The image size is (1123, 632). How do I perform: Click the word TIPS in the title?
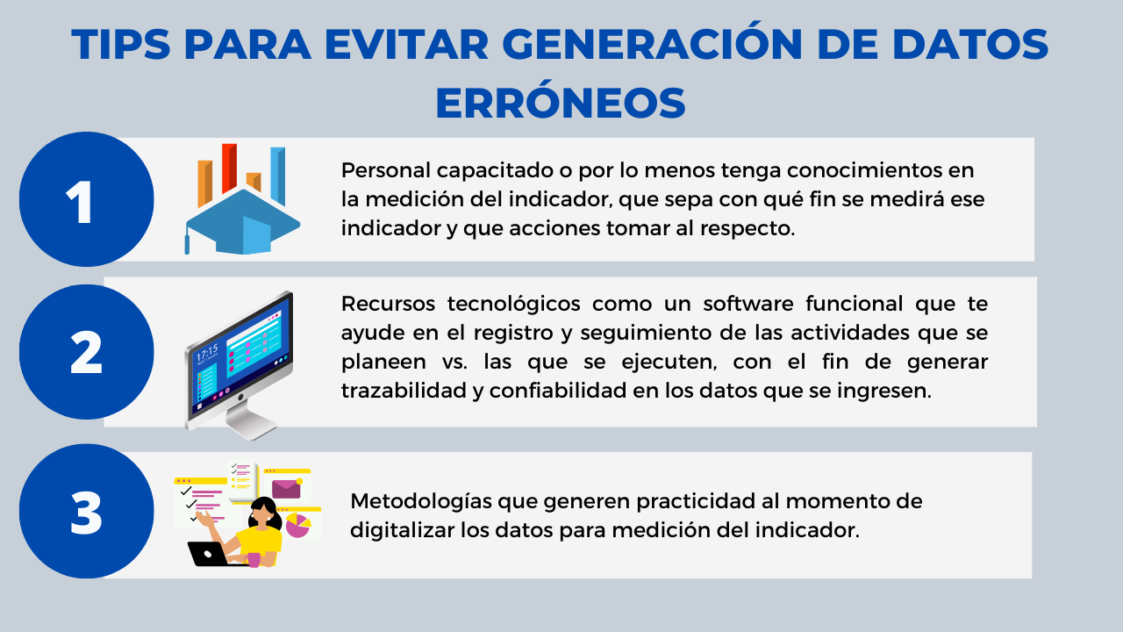121,44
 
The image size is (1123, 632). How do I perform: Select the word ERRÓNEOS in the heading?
561,102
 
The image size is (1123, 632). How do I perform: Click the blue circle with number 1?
87,199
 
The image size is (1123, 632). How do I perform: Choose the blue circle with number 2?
87,352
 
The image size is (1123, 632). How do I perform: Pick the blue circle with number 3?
87,511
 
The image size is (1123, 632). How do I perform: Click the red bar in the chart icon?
229,168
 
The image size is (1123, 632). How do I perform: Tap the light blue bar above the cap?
278,176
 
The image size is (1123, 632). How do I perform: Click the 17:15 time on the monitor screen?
207,353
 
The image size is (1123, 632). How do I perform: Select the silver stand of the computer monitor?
251,419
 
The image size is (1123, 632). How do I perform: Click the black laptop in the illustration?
208,554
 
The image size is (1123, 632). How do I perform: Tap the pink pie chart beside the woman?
297,525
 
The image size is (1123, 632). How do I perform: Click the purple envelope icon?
286,489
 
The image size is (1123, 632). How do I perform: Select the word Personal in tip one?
386,170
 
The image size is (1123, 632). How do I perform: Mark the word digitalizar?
402,530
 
